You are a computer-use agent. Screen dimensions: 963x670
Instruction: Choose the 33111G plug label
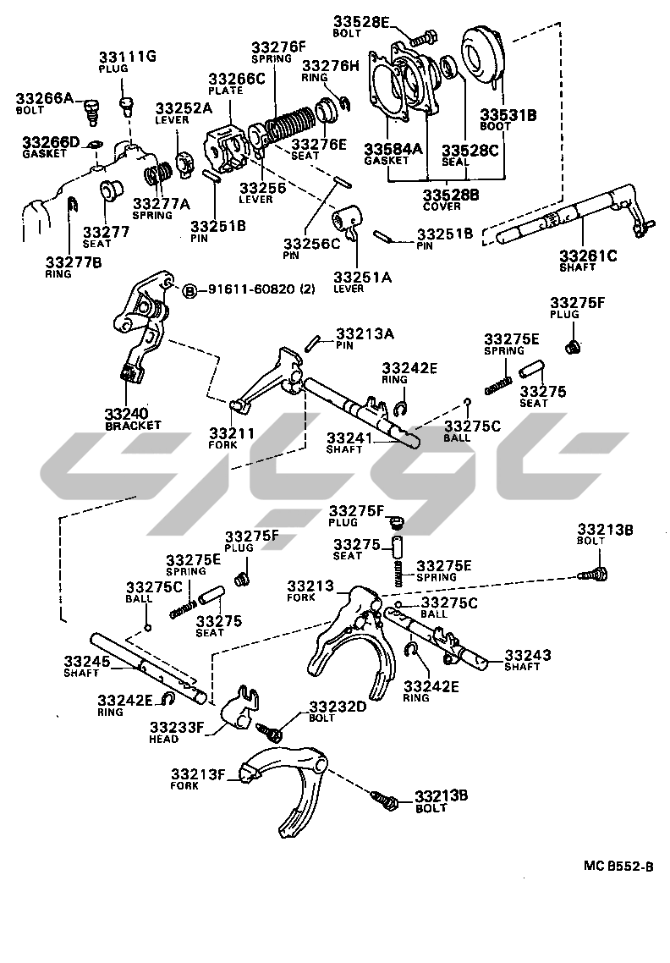(125, 58)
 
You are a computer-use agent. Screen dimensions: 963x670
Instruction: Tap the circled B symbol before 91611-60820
(190, 289)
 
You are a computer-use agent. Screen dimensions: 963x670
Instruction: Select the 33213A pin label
(365, 333)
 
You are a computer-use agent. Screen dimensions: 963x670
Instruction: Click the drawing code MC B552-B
(618, 866)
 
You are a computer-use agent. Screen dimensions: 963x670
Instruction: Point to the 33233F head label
(177, 727)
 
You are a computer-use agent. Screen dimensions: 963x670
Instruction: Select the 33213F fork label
(197, 773)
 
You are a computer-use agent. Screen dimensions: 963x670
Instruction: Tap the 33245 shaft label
(87, 661)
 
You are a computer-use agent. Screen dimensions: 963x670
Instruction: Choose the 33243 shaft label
(528, 654)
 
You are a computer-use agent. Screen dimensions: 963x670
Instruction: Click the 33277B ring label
(74, 262)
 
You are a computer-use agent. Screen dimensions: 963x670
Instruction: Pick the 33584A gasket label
(393, 149)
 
